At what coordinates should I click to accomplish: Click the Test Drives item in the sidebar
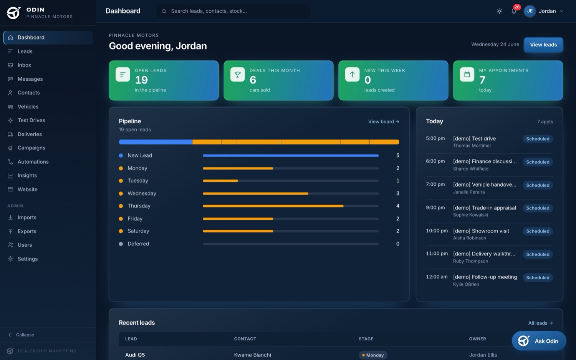31,120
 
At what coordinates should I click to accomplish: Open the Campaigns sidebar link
31,148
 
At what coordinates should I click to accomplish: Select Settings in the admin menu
28,259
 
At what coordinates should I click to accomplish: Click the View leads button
543,45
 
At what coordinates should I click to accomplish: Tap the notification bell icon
514,11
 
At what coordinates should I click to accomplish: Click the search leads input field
233,11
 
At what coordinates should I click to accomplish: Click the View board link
383,121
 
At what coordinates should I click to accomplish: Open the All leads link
540,323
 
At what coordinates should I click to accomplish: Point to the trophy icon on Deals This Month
237,75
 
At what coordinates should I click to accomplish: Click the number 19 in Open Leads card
141,80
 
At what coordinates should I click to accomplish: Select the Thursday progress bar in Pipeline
291,206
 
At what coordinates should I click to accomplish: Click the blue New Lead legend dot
121,156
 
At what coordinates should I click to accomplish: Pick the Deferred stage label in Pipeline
138,244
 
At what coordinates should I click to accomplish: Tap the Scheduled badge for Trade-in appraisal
538,208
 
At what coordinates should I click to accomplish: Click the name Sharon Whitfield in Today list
470,169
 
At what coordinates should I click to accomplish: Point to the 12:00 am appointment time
437,277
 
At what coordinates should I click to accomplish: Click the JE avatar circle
530,11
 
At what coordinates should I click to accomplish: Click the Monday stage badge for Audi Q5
373,355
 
